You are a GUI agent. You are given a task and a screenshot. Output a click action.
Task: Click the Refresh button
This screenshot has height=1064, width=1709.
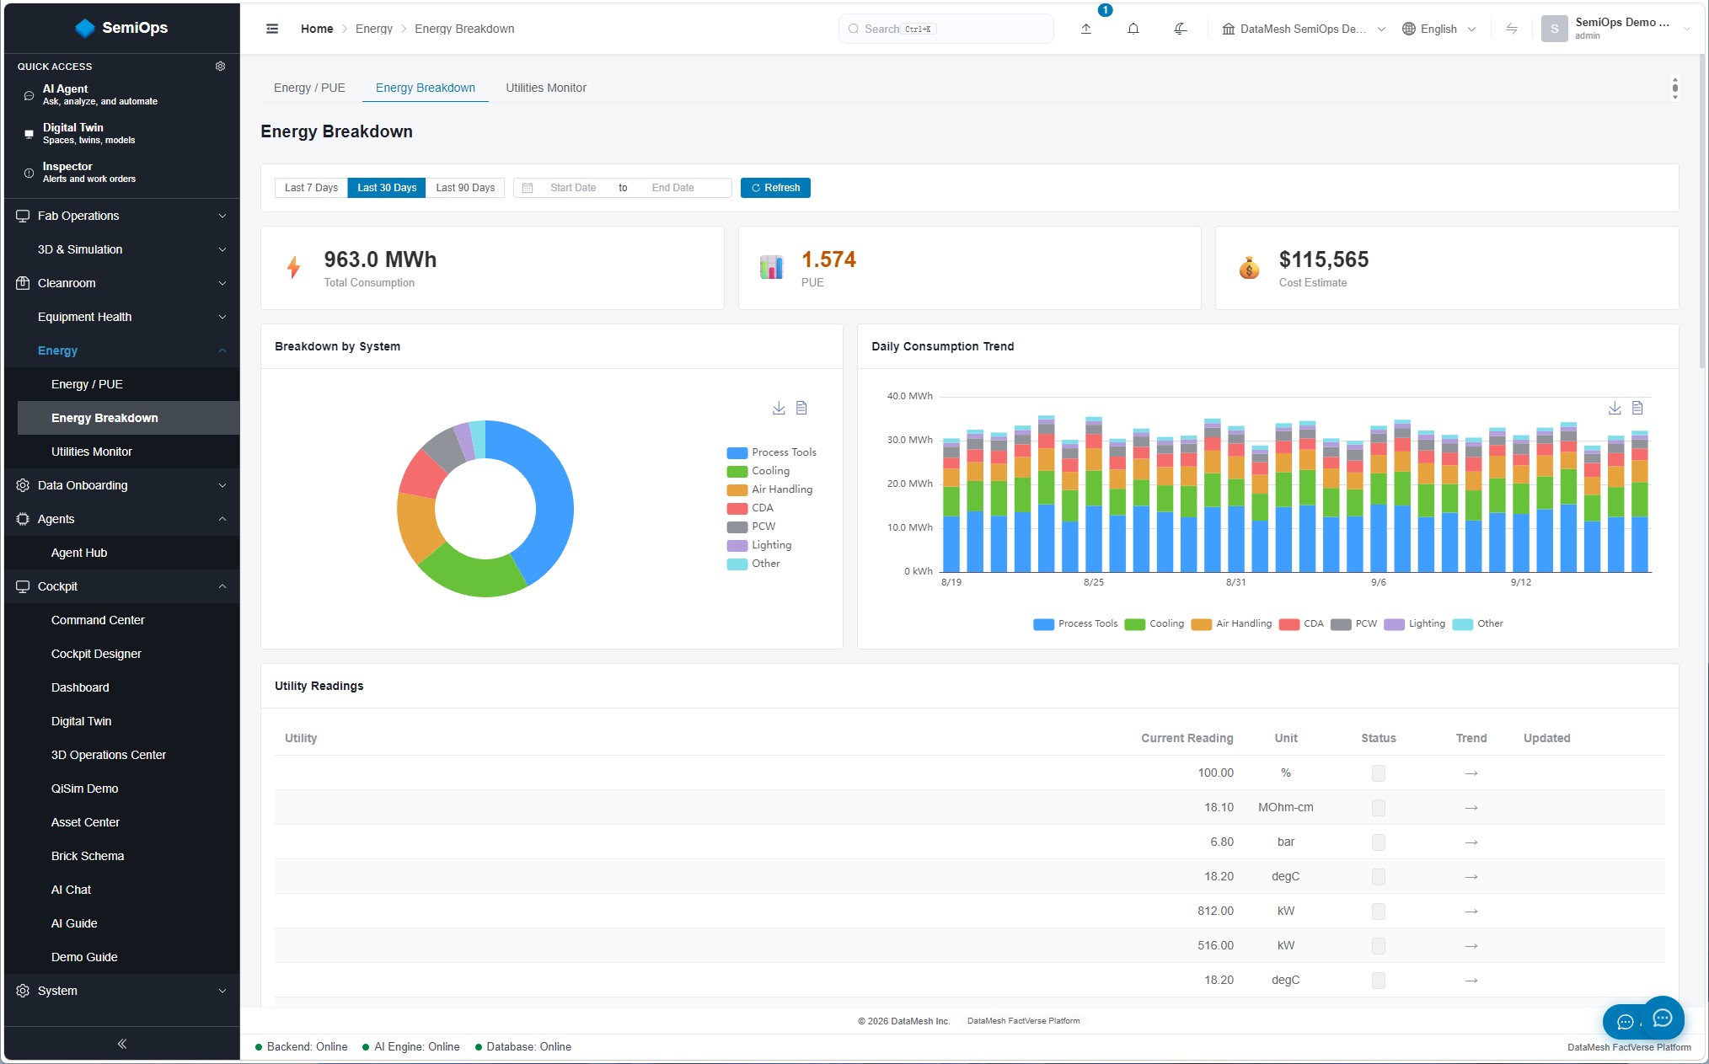pos(775,188)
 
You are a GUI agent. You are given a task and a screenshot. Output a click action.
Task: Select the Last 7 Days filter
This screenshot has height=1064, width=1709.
pos(311,188)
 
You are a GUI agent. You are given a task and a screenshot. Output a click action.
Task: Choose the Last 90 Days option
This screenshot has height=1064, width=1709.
pos(465,188)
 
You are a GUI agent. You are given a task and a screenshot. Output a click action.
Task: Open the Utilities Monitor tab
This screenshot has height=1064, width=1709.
pos(546,88)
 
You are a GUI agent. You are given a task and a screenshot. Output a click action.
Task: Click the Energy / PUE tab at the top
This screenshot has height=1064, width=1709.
pos(309,88)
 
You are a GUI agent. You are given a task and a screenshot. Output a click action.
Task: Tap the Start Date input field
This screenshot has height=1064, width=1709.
pos(573,188)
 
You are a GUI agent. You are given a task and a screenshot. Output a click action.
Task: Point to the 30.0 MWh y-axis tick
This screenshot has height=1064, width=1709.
pos(909,440)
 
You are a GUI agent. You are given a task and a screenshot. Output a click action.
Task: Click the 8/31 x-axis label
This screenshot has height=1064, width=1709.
pos(1235,582)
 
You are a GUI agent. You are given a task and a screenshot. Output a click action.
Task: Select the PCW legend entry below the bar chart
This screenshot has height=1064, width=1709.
pos(1353,623)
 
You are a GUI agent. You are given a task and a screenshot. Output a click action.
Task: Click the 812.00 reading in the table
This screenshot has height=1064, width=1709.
pos(1215,911)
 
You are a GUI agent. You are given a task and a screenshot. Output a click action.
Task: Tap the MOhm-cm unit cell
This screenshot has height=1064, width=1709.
pos(1285,807)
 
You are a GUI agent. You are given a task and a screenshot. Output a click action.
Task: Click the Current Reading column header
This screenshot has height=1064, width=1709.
pos(1187,738)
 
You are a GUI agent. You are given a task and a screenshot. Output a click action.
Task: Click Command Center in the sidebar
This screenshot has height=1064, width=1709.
pos(98,620)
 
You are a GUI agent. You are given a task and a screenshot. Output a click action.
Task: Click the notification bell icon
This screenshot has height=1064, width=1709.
pos(1133,29)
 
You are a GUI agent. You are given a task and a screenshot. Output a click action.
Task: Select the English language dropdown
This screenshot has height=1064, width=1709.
pos(1438,29)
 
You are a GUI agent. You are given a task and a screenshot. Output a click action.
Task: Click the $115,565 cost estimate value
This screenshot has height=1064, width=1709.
pos(1324,259)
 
